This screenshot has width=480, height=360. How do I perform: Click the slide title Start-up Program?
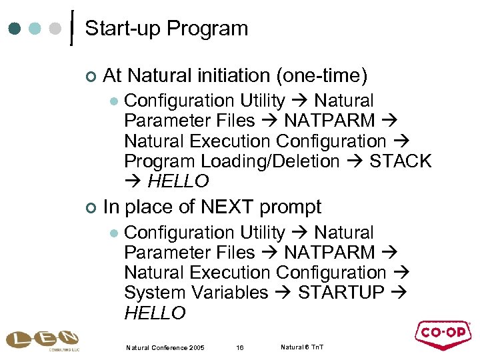(167, 29)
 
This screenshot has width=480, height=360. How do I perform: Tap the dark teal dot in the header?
(15, 29)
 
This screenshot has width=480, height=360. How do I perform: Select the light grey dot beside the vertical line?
(56, 29)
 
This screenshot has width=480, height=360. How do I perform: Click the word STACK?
(401, 161)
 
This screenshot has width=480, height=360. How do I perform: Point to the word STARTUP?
(341, 293)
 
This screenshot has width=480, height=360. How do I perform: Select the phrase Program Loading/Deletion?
(232, 161)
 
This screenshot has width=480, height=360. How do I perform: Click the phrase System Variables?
(196, 293)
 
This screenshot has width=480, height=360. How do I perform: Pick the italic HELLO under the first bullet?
(178, 181)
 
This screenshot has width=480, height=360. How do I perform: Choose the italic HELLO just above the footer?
(155, 313)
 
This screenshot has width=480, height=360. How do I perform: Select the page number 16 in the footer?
(239, 347)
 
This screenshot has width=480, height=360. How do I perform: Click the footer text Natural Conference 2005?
(165, 347)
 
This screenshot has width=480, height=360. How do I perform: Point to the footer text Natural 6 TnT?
(302, 347)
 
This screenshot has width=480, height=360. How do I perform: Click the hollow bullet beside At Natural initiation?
(91, 76)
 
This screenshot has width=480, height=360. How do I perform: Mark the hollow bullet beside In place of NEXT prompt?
(91, 207)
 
